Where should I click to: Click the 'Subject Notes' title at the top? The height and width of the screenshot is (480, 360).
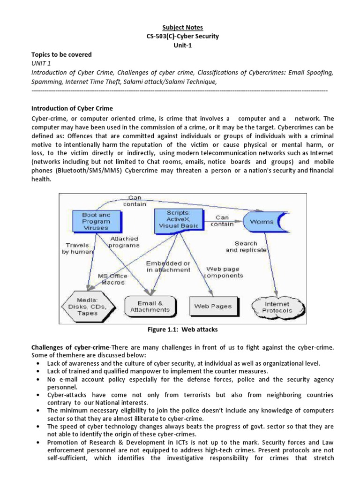coord(180,28)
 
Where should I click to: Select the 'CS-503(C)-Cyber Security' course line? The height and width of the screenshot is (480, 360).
coord(180,37)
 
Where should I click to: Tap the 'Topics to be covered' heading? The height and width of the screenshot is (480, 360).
coord(61,54)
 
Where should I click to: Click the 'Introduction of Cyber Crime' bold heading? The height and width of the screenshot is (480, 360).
coord(72,109)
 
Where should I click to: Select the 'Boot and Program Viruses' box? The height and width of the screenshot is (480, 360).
coord(96,221)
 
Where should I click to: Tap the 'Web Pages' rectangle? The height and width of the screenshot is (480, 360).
coord(213,306)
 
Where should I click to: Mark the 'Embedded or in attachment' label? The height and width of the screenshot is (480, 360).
coord(168,266)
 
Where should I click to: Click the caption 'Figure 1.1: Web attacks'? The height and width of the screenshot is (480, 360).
coord(182,330)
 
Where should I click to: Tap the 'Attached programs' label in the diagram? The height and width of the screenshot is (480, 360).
coord(124,241)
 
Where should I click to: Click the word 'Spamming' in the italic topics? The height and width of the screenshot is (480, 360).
coord(46,82)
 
